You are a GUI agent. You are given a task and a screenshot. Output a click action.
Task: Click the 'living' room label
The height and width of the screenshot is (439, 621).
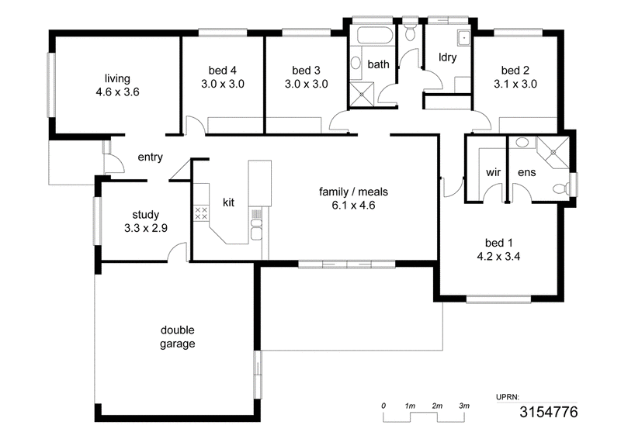(117, 78)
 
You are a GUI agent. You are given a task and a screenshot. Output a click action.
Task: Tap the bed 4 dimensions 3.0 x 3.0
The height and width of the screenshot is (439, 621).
(223, 84)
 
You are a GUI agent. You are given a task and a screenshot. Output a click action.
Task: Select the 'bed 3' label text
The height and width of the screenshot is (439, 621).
(306, 71)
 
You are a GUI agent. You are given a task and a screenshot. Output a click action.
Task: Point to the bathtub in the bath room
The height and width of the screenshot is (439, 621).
(375, 36)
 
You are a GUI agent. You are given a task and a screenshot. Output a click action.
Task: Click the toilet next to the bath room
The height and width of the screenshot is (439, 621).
(410, 32)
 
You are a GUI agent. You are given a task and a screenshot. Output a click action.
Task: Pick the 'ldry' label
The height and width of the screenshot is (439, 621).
(448, 57)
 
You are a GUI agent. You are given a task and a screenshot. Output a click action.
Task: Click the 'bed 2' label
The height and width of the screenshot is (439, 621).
(515, 71)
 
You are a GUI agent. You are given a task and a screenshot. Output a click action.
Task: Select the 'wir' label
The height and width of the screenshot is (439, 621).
(493, 172)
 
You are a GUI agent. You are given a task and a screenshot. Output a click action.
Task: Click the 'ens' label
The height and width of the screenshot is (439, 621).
(527, 172)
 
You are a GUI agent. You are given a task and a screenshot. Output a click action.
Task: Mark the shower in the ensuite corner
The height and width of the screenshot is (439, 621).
(553, 152)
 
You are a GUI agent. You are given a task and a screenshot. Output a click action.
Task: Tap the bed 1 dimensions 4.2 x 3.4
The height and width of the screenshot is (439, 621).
(498, 257)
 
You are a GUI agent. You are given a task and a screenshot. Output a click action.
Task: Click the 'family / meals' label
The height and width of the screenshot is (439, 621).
(353, 192)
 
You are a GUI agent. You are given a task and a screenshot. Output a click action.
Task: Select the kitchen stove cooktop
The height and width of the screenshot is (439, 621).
(201, 213)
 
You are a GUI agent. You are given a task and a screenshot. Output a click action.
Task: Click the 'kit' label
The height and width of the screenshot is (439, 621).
(228, 202)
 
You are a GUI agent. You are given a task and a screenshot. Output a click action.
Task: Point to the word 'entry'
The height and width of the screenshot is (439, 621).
(150, 157)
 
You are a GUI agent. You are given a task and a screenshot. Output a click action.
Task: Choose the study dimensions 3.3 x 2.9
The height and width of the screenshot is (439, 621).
(146, 228)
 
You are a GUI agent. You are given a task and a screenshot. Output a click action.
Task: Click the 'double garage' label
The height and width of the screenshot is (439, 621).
(178, 337)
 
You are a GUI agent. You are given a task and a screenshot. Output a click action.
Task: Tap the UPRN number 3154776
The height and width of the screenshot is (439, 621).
(549, 412)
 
